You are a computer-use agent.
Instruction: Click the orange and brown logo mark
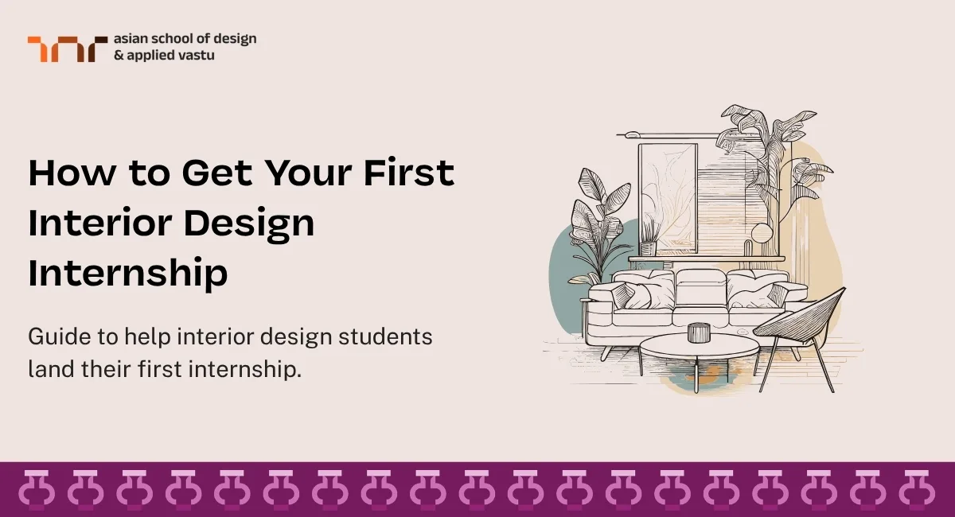(67, 49)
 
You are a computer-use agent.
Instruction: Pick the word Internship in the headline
(128, 274)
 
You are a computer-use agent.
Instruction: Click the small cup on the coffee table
(698, 331)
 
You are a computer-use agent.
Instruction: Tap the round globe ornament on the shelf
(762, 233)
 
